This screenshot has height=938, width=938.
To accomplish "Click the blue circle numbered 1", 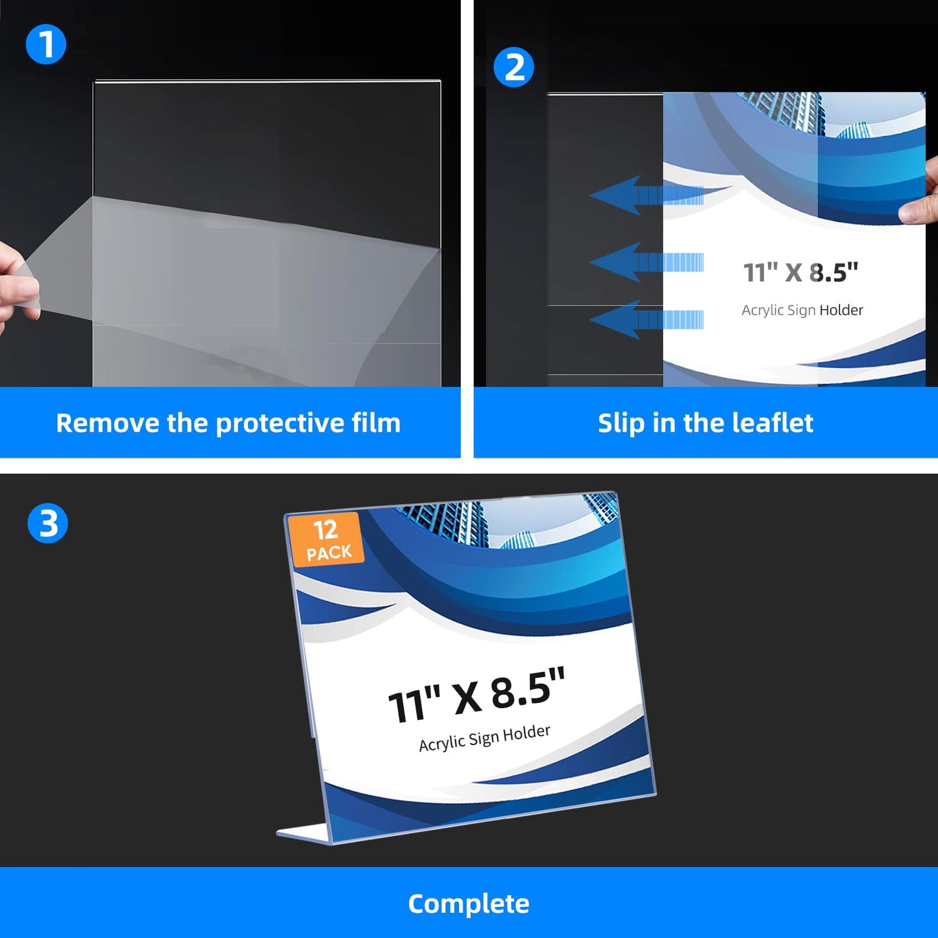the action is click(x=45, y=44).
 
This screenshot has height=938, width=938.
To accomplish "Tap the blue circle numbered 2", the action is click(x=513, y=67).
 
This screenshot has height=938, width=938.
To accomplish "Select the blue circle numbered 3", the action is click(x=47, y=523).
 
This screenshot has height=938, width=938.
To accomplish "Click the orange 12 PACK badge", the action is click(x=326, y=540).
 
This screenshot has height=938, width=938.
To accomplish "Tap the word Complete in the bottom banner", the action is click(x=469, y=904).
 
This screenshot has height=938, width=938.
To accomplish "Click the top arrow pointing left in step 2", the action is click(x=646, y=195).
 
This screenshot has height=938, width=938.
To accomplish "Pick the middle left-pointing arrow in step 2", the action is click(x=646, y=262).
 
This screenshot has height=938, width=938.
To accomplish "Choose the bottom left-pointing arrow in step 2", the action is click(x=646, y=319).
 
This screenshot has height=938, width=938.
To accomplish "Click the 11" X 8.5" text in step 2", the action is click(x=800, y=272).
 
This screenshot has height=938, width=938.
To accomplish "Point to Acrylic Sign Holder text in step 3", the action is click(x=485, y=739).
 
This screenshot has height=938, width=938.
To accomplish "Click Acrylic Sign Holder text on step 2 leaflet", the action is click(x=802, y=310).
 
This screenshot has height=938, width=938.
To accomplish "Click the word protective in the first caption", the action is click(x=279, y=423).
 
